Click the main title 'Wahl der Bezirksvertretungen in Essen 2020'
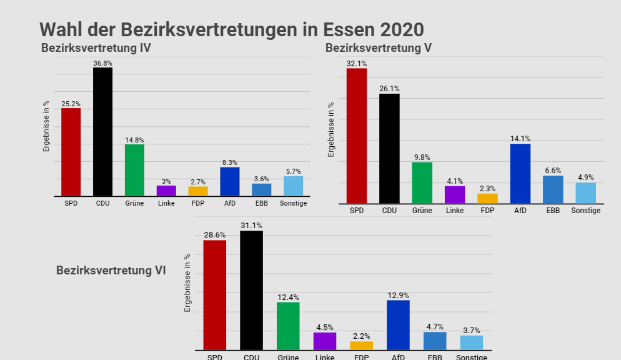coord(231,29)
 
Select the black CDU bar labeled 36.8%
coord(102,131)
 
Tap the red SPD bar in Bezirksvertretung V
coord(357,136)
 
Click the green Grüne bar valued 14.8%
coord(134,170)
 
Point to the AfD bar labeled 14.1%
coord(520,174)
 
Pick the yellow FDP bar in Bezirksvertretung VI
coord(361,346)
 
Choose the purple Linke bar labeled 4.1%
coord(455,194)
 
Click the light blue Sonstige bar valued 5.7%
coord(293,186)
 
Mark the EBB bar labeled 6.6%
coord(553,189)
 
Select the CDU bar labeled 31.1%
coord(251,291)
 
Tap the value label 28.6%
coord(214,235)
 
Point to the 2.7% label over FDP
coord(198,181)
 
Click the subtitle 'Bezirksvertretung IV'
coord(96,48)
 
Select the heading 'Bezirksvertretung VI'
coord(111,271)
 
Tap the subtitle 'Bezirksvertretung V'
coord(378,48)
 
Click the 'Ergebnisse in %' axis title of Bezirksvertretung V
coord(332,129)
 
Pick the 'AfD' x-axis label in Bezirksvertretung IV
coord(229,203)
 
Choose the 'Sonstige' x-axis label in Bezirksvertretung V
coord(585,211)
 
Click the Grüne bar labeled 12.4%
coord(288,326)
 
